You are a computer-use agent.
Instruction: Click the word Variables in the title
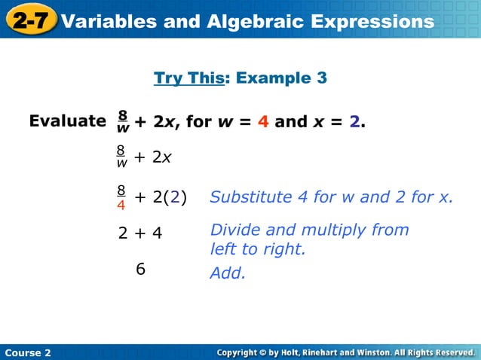[110, 21]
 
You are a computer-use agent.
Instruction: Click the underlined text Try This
[189, 78]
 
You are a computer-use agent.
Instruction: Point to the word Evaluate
[67, 121]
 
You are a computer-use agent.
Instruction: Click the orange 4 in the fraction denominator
[121, 203]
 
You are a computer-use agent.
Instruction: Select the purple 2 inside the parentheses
[174, 197]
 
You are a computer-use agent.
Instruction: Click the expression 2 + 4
[140, 233]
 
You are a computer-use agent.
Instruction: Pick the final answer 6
[140, 269]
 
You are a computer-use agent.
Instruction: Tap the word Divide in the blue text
[235, 230]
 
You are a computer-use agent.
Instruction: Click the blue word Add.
[228, 273]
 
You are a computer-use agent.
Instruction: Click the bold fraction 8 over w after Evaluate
[122, 121]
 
